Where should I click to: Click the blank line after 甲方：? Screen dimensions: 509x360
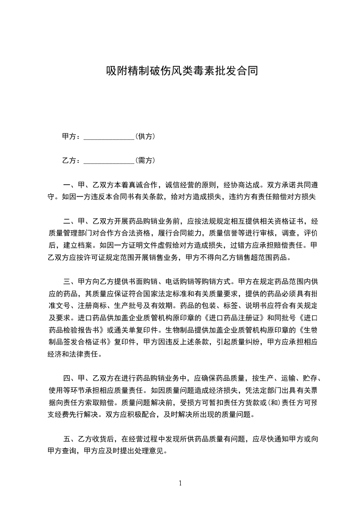pos(109,137)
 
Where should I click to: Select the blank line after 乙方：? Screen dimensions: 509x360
pos(109,161)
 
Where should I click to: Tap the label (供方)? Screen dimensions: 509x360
pos(146,136)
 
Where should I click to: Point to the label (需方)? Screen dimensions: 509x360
pos(146,160)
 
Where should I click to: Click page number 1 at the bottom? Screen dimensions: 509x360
pos(180,483)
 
